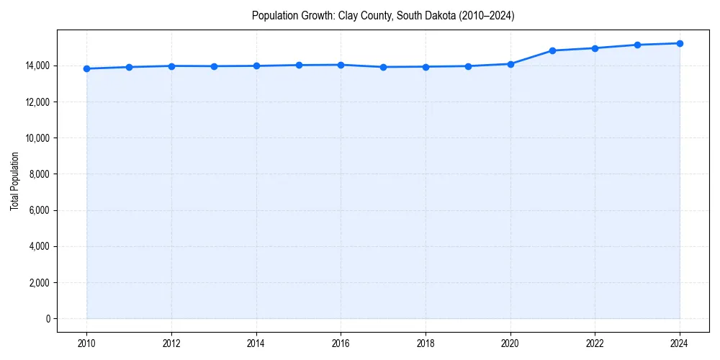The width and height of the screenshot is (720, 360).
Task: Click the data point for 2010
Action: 86,68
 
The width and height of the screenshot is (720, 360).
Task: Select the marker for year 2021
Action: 552,50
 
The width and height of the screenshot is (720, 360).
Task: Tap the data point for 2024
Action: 680,43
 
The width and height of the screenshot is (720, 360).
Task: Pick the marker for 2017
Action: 383,67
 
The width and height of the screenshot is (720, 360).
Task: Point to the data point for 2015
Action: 299,65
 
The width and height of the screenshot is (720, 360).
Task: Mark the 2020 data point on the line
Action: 510,64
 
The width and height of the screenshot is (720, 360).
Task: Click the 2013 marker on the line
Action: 214,66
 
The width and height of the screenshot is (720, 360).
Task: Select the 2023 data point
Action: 637,45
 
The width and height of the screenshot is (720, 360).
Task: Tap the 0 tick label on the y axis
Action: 48,318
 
